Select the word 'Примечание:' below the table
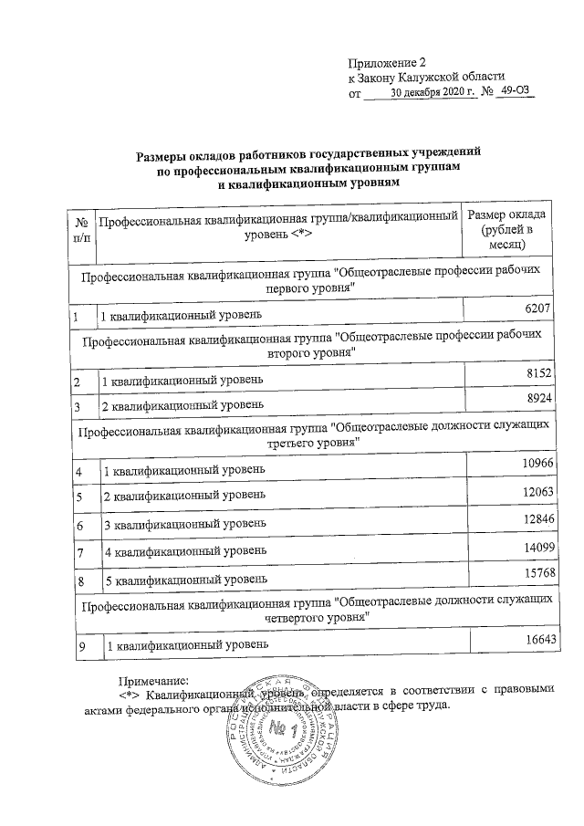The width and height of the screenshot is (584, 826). pos(152,678)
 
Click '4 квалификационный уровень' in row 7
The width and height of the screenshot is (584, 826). pos(185,553)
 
